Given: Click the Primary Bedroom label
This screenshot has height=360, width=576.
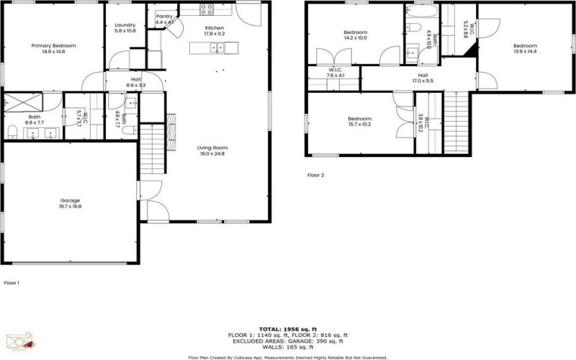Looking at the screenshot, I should tap(54, 49).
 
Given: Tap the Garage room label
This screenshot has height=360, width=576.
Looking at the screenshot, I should tap(70, 204).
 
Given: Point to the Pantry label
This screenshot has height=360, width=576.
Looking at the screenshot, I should tap(164, 19).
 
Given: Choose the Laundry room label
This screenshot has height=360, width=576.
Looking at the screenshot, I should tap(125, 28).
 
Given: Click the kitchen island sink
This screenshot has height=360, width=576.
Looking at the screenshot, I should tap(215, 48).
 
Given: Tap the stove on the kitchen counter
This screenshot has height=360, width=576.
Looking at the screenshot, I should tap(207, 10).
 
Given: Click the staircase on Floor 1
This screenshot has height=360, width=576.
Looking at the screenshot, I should tap(152, 149).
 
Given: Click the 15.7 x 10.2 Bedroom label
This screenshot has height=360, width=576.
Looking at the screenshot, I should tap(359, 122).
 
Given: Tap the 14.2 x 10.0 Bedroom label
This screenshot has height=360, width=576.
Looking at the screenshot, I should tap(356, 36).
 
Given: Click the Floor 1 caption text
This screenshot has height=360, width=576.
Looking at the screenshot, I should tap(12, 283).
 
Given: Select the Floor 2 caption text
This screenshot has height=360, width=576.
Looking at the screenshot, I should tap(315, 175).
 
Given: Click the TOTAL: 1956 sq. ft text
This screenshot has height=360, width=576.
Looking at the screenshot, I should tap(288, 328).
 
